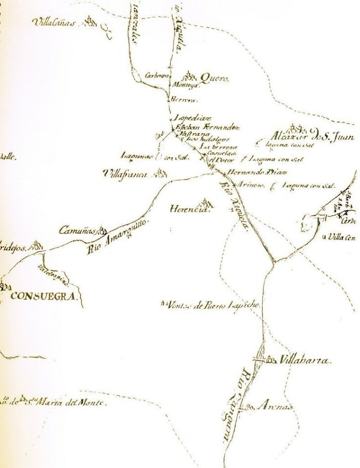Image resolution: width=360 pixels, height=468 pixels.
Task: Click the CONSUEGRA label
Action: click(x=43, y=296)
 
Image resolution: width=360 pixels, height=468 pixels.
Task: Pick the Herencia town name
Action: click(x=191, y=209)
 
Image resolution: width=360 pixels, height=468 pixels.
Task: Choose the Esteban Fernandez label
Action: click(x=207, y=127)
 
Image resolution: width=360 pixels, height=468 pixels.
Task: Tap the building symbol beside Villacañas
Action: click(x=89, y=20)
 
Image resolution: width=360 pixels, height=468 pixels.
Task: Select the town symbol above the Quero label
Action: click(x=189, y=76)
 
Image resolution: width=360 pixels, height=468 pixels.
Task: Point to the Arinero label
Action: click(x=250, y=185)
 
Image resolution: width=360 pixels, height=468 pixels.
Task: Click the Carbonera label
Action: click(x=156, y=75)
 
